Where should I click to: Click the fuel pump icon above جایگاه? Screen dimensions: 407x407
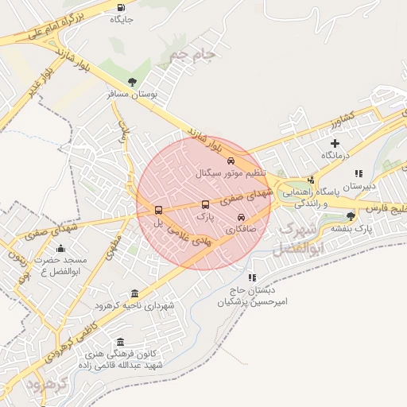121,8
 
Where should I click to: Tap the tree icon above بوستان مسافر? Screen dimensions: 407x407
132,82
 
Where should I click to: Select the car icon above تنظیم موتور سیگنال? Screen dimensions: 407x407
231,160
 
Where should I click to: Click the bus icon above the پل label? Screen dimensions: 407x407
158,211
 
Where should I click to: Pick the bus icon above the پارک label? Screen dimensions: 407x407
206,204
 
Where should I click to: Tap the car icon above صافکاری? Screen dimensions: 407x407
242,217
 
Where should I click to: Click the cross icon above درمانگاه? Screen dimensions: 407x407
335,143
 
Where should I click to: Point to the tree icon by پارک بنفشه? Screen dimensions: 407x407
351,215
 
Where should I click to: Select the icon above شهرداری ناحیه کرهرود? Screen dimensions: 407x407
134,293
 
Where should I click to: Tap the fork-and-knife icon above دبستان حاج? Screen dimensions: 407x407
253,278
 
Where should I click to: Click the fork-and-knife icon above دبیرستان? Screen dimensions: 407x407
359,172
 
